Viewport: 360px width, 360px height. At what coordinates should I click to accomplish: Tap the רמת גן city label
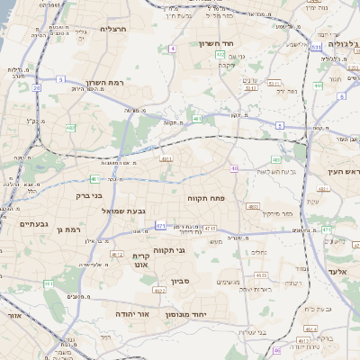pos(67,230)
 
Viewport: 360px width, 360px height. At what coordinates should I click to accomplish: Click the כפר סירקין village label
pos(280,214)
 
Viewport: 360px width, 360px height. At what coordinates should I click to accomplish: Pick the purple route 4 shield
pos(172,49)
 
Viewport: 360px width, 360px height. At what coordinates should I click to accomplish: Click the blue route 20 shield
pos(37,88)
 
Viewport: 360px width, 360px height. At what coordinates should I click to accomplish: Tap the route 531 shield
pos(316,47)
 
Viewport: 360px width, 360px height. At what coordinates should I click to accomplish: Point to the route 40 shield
pos(235,168)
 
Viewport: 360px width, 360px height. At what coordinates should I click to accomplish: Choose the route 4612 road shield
pos(117,255)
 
